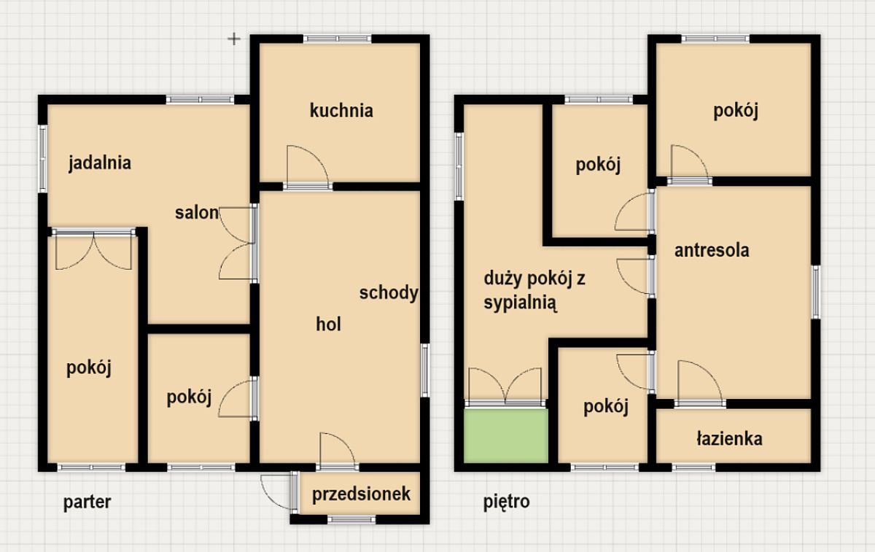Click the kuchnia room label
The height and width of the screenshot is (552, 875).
click(x=341, y=111)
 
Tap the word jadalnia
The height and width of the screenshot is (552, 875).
click(x=100, y=163)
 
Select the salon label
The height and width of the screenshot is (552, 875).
click(x=196, y=213)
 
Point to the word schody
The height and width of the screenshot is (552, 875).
click(x=389, y=293)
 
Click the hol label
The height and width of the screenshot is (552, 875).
click(x=328, y=324)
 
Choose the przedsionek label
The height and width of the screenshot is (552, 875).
click(x=361, y=494)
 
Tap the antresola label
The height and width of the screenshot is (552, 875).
click(x=712, y=250)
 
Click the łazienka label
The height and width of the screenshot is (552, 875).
click(x=729, y=439)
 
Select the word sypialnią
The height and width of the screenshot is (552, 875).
click(x=521, y=303)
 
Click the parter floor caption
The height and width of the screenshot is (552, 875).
click(x=87, y=502)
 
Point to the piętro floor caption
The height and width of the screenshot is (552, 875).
click(x=506, y=502)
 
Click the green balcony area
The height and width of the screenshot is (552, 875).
click(x=506, y=435)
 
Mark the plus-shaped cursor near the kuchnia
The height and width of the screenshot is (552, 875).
click(x=234, y=39)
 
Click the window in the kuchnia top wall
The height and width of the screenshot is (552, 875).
click(x=338, y=39)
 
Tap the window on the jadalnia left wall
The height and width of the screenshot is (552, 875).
click(x=42, y=158)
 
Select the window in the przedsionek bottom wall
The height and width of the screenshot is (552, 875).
click(x=351, y=520)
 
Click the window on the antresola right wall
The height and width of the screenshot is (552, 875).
click(x=816, y=292)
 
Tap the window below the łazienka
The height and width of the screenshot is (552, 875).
click(x=693, y=467)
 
